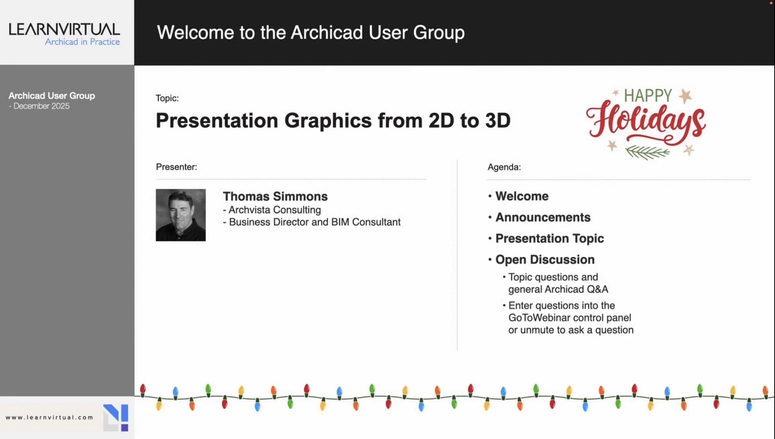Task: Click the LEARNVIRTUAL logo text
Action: (x=64, y=29)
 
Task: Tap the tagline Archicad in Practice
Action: (x=82, y=42)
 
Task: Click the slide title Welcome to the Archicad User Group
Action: (x=311, y=32)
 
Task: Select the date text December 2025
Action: (x=41, y=106)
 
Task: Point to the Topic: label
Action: (x=167, y=98)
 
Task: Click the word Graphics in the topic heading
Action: (x=328, y=121)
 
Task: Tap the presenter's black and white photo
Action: (x=180, y=215)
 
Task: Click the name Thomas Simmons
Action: (x=275, y=196)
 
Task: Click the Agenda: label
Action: (x=504, y=167)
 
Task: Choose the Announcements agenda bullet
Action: (x=543, y=217)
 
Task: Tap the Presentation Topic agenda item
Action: (x=550, y=238)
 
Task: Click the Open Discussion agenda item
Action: (x=545, y=260)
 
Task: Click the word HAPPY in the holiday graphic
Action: (x=648, y=96)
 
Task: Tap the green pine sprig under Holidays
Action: (x=647, y=152)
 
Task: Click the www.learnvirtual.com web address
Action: (x=49, y=417)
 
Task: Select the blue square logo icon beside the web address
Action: (x=116, y=417)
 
